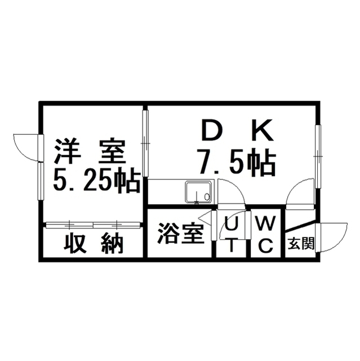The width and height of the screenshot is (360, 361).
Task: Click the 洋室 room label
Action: pos(90,151)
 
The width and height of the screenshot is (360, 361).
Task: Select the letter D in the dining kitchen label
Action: pos(211,130)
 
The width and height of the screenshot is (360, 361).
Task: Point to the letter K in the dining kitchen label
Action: pos(263,130)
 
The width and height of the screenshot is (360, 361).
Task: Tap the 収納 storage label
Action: pos(94,243)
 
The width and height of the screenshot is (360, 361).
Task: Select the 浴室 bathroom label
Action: pos(181,234)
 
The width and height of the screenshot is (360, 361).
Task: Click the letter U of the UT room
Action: pos(231,223)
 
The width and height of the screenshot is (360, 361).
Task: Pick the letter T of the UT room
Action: pos(231,245)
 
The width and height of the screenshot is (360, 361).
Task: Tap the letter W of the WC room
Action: pos(265,223)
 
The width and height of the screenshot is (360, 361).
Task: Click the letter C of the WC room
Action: pos(266,245)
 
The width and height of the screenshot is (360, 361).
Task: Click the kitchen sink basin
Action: pos(199,193)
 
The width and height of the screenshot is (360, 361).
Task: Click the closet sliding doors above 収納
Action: pos(93,224)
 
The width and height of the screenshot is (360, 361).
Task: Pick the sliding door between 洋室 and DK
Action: pos(145,143)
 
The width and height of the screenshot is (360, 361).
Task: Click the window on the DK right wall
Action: pos(318,157)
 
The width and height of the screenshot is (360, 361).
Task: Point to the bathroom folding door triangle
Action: pos(205,218)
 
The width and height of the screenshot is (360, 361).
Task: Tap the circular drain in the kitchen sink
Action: pos(207,196)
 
